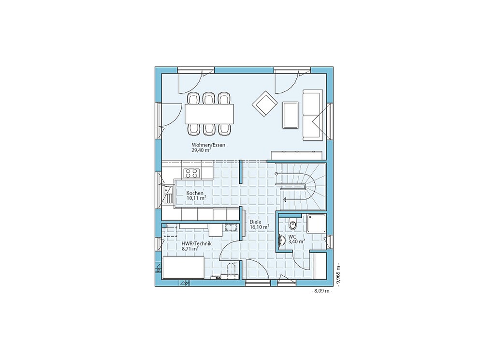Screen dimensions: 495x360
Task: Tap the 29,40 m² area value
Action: coord(201,150)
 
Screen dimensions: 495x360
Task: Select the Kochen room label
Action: coord(195,193)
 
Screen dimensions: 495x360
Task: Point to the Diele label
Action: coord(255,222)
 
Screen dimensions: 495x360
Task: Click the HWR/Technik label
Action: coord(196,244)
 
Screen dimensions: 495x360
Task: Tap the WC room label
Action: coord(292,237)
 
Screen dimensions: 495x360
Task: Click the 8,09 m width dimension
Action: coord(322,290)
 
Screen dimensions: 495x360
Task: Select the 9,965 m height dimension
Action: coord(338,274)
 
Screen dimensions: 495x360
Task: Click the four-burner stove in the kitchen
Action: coord(192,173)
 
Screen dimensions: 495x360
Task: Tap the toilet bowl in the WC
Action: coord(293,224)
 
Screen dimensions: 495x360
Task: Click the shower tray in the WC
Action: coord(316,224)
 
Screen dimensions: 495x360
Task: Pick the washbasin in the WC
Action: coord(282,240)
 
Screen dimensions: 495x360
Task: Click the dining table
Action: coord(210,114)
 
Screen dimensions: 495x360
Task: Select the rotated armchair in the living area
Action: coord(264,104)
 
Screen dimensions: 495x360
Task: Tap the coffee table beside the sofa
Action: coord(291,115)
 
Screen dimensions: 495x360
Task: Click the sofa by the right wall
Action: coord(313,115)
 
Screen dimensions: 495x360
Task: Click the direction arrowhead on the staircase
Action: coord(285,200)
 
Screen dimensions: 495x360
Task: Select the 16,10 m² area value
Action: coord(260,227)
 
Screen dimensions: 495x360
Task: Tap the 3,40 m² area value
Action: coord(296,241)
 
